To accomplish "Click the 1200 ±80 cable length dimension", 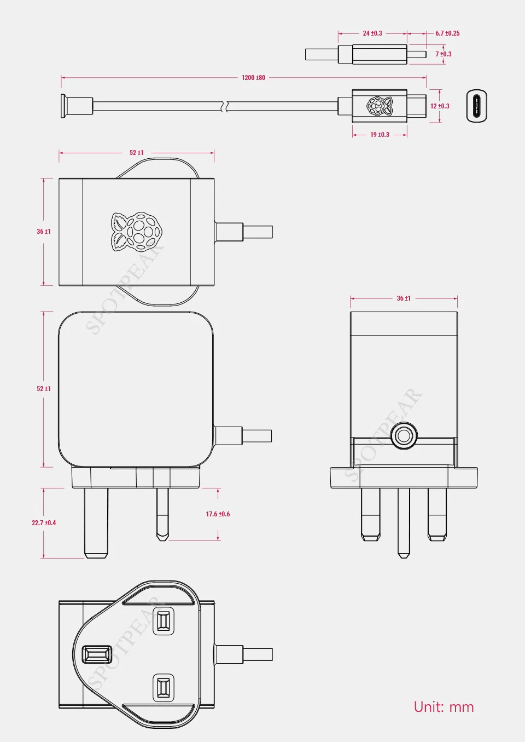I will click(253, 78).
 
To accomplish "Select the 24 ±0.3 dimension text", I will click(372, 33).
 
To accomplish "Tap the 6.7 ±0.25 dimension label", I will click(447, 33).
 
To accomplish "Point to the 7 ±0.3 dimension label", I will click(444, 54).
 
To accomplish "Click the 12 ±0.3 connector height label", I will click(440, 106).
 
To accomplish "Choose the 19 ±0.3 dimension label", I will click(380, 135).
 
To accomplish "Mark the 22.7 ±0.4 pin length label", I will click(44, 523).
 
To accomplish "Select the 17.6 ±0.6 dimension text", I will click(218, 514).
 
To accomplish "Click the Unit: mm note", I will click(444, 707).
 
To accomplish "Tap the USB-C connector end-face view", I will click(476, 106).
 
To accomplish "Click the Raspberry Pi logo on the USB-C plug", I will click(380, 106).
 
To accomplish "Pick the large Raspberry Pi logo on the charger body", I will click(137, 232).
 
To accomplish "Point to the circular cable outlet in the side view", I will click(404, 436).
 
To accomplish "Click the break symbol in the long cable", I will click(223, 106).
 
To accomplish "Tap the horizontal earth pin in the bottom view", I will click(97, 654).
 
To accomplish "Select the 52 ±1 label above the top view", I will click(137, 153).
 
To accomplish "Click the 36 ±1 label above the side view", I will click(404, 298).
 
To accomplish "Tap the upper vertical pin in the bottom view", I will click(163, 621).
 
